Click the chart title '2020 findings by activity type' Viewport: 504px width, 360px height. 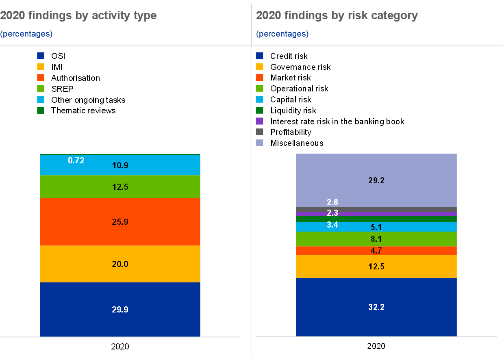(78, 16)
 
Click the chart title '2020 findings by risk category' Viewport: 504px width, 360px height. (337, 16)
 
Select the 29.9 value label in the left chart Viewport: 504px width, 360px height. (120, 310)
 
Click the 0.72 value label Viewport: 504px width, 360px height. (76, 160)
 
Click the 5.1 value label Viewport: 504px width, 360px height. (376, 227)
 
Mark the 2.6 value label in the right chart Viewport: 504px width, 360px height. (332, 202)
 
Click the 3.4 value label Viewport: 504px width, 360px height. (332, 224)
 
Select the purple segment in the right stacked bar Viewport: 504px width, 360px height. (406, 214)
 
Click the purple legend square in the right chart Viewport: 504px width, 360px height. (260, 121)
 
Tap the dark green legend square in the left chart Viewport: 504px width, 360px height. (41, 110)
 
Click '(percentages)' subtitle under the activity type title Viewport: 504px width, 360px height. (26, 34)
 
